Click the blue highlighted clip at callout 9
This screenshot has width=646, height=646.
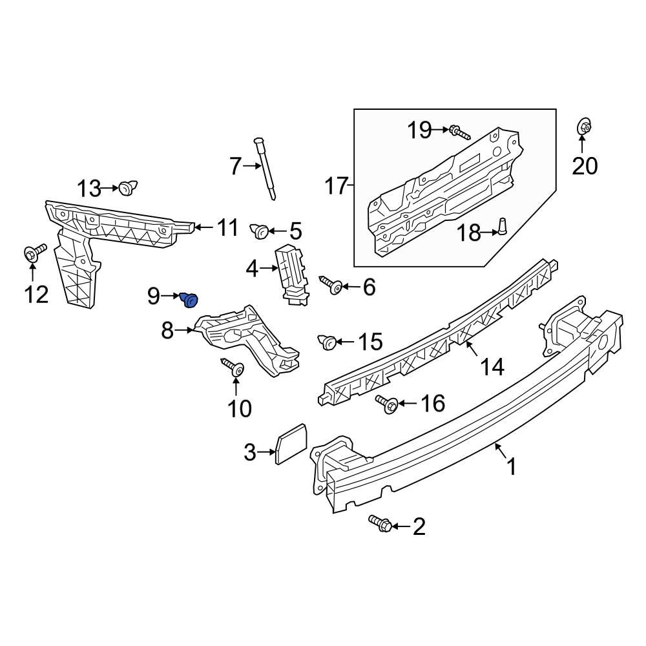point(191,300)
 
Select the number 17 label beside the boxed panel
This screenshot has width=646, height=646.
point(337,187)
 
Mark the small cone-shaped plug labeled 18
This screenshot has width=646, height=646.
point(501,227)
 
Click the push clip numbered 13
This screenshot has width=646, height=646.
point(127,188)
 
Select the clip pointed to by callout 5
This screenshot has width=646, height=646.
point(260,230)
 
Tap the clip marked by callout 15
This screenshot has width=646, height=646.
point(328,342)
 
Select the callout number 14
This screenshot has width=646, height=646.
point(492,367)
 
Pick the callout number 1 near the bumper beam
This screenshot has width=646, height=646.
point(512,467)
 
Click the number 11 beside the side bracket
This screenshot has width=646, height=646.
point(227,228)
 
